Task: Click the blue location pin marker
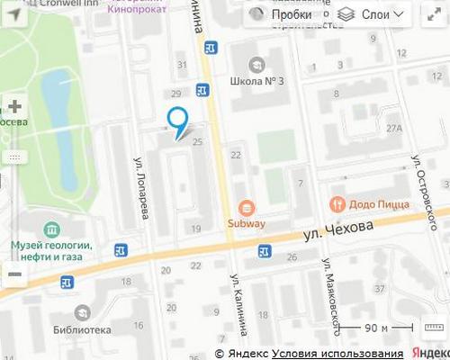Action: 177,121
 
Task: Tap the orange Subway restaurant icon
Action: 247,207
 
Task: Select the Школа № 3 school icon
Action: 256,65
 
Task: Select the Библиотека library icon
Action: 83,312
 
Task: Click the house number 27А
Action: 394,129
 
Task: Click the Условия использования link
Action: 337,353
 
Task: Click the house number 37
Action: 379,289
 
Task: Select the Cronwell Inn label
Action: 57,4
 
